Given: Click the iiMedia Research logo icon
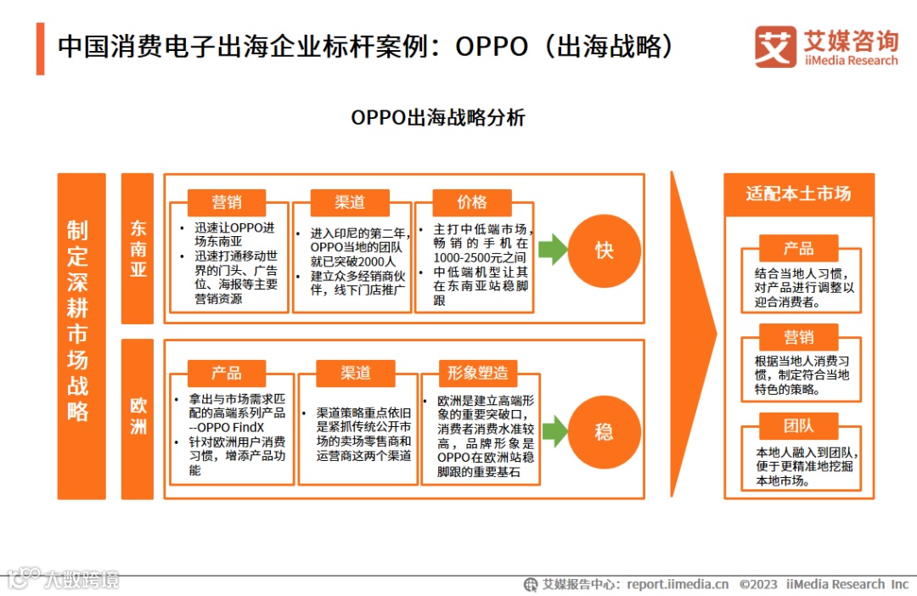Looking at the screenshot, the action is [x=775, y=47].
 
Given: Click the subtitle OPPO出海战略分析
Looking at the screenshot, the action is [x=438, y=117].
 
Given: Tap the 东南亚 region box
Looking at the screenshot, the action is [x=138, y=248].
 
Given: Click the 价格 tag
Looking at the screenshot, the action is [x=472, y=202].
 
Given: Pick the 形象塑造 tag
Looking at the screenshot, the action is [x=478, y=373].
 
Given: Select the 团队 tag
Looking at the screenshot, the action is [x=798, y=425].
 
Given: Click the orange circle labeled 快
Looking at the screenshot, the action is [x=604, y=250].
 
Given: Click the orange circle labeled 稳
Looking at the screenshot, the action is [x=604, y=431].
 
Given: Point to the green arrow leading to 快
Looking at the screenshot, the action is [x=553, y=250].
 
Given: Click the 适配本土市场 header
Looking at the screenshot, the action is [x=798, y=194].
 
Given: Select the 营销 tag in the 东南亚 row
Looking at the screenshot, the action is [x=227, y=202].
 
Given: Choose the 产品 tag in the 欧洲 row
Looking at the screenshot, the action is [x=227, y=373].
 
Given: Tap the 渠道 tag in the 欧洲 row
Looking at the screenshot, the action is [x=356, y=373].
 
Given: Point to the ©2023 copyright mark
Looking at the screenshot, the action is [x=758, y=584].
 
